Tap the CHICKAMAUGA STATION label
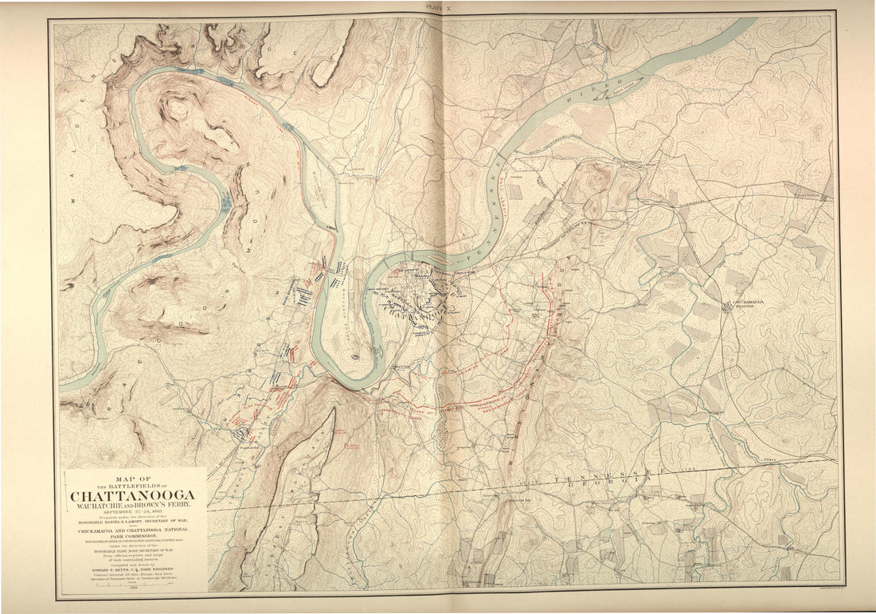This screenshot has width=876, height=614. tap(741, 304)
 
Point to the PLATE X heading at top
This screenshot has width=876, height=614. tap(438, 6)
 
